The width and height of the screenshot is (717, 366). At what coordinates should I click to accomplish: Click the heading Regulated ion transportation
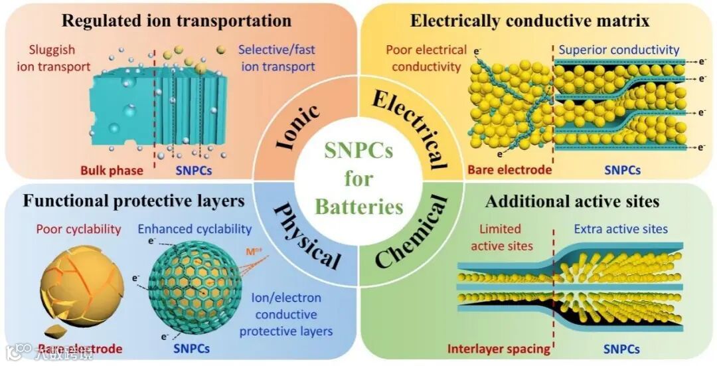click(x=176, y=20)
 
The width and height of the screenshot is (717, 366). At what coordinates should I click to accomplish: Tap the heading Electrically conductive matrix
click(x=529, y=20)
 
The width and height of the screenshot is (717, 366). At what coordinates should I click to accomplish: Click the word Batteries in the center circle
click(x=358, y=207)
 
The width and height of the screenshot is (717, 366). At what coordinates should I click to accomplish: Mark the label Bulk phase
click(x=112, y=170)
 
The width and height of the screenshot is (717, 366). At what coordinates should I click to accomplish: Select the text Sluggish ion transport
click(x=52, y=58)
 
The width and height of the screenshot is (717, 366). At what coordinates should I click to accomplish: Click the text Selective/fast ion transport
click(x=276, y=58)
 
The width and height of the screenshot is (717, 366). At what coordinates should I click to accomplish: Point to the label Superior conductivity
click(x=619, y=50)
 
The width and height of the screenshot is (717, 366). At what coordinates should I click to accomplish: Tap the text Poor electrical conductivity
click(x=426, y=58)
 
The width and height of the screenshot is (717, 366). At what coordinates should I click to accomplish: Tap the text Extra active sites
click(x=620, y=229)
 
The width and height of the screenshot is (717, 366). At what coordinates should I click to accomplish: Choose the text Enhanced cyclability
click(x=195, y=229)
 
